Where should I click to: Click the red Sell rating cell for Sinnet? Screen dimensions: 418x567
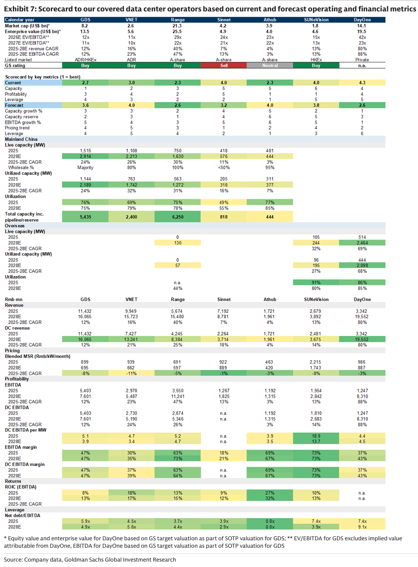click(224, 65)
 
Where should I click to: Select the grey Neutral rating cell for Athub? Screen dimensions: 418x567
click(270, 65)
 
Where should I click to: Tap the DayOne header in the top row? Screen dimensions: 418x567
click(362, 19)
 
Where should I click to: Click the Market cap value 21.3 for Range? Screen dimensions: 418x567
click(177, 26)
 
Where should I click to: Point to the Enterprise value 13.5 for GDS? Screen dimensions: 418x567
click(85, 32)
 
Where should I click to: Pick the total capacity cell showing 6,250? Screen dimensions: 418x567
click(177, 217)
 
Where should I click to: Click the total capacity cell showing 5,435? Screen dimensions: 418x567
click(85, 217)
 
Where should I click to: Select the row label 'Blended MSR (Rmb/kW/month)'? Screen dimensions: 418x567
click(38, 356)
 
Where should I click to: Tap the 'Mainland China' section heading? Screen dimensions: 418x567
click(21, 139)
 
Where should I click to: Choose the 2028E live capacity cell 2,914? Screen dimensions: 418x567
click(85, 156)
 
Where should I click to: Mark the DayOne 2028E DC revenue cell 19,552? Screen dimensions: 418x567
click(362, 339)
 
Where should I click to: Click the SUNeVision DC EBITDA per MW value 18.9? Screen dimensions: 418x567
click(316, 436)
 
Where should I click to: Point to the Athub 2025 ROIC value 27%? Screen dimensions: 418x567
click(270, 492)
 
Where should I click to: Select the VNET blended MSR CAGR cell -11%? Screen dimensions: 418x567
click(131, 373)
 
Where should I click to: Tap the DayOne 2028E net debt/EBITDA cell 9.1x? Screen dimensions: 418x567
click(362, 526)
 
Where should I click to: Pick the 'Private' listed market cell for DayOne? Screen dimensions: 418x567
click(362, 60)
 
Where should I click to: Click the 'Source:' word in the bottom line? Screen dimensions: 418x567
click(13, 560)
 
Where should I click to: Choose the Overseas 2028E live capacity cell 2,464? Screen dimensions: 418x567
click(362, 242)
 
